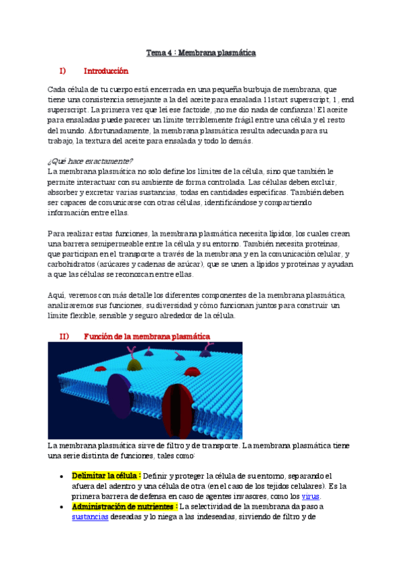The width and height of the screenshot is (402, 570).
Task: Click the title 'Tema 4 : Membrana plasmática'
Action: coord(201,52)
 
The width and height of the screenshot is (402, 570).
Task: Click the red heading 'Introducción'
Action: coord(105,71)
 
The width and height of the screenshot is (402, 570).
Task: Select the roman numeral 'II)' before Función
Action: coord(64,335)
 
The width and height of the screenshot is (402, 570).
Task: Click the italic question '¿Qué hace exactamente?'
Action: coord(90,161)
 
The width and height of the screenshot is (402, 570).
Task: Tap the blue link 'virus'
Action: coord(311,496)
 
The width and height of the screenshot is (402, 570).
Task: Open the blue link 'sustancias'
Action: coord(90,518)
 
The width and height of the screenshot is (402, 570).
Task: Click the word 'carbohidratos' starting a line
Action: coord(71,264)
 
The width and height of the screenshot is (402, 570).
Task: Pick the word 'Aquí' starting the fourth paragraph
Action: coord(55,295)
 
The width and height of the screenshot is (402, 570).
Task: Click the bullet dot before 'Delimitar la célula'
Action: coord(61,476)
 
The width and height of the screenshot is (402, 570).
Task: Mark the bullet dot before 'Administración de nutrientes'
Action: coord(61,507)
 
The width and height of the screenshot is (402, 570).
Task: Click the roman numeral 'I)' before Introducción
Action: coord(62,71)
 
